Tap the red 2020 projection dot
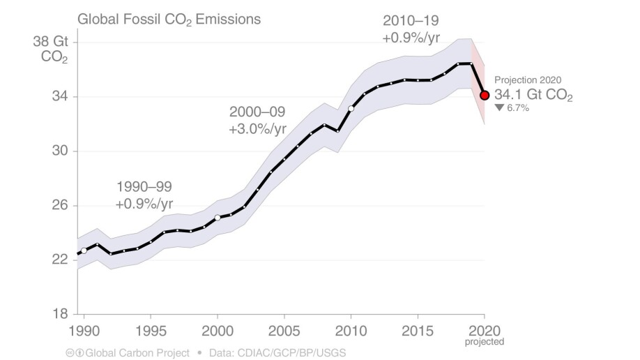click(485, 96)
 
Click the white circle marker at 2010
click(351, 108)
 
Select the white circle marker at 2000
click(218, 218)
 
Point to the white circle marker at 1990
click(84, 250)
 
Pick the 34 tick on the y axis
click(60, 96)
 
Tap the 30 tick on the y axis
click(60, 151)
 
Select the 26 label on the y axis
click(60, 205)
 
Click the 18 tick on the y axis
click(60, 314)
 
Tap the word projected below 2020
click(484, 342)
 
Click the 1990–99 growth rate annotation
click(144, 195)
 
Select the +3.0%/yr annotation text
click(257, 129)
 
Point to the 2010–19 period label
click(411, 20)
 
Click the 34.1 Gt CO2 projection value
click(533, 95)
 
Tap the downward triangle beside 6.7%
click(498, 108)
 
